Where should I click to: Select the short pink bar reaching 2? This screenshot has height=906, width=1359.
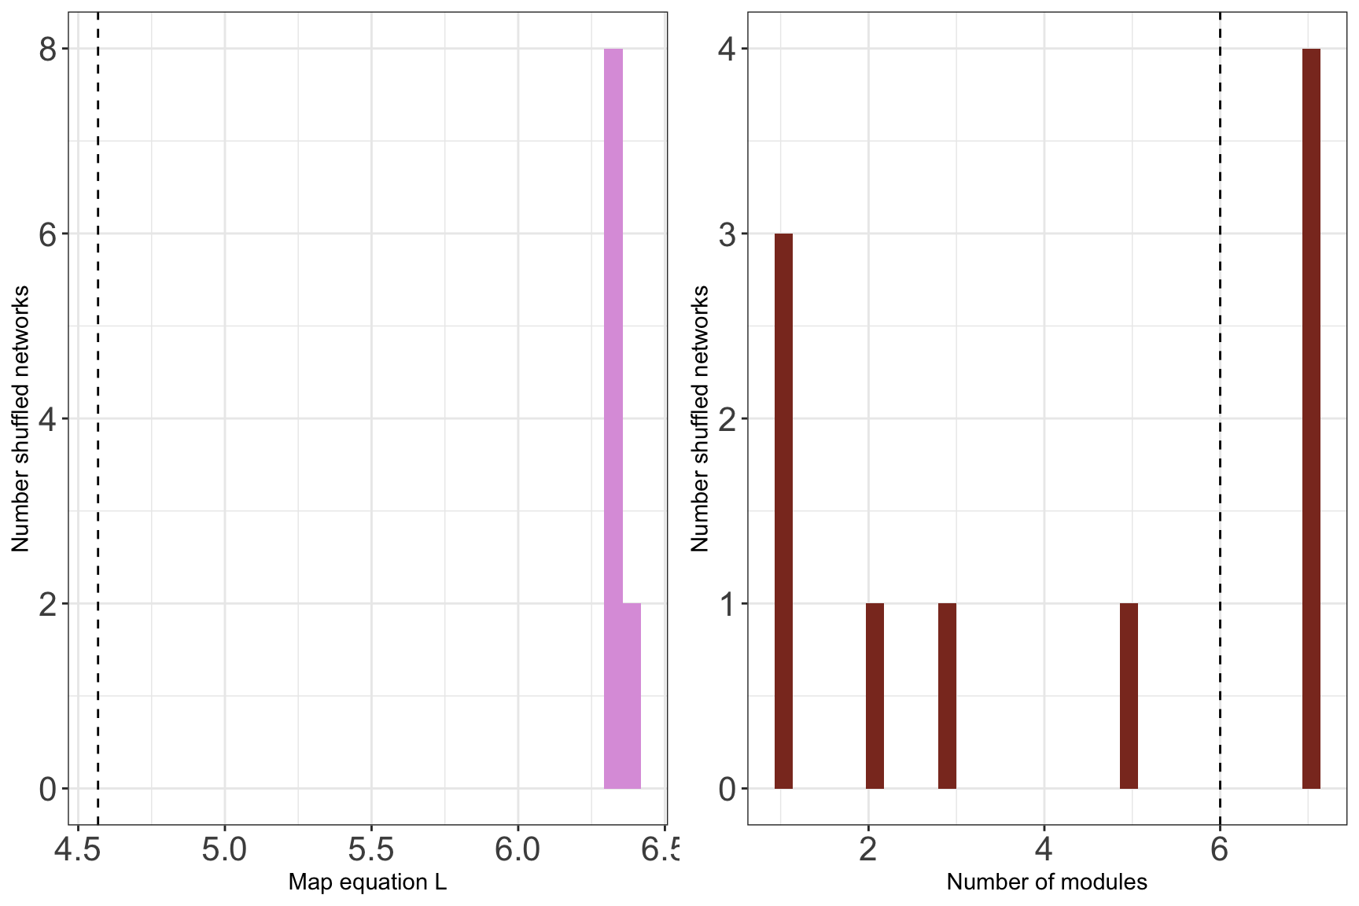click(x=632, y=695)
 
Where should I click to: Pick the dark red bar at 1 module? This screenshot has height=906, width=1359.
click(x=783, y=511)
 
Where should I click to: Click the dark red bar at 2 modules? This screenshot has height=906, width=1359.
click(x=875, y=695)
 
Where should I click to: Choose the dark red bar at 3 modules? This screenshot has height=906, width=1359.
click(x=947, y=695)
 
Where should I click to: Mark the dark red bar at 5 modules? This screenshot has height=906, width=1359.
click(x=1129, y=695)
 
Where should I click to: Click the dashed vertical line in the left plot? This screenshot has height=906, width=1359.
click(x=98, y=393)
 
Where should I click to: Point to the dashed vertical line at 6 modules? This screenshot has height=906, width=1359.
click(x=1220, y=393)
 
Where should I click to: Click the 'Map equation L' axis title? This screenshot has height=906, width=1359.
click(x=367, y=882)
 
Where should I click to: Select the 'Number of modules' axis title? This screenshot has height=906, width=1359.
click(x=1047, y=882)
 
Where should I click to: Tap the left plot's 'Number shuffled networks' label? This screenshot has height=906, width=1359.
click(x=20, y=418)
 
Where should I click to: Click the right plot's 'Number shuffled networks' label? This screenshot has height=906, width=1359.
click(x=700, y=418)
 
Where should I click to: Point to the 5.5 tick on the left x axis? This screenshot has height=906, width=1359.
click(x=371, y=849)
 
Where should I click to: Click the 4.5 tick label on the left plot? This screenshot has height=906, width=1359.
click(x=77, y=849)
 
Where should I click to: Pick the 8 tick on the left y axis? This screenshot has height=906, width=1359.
click(x=48, y=50)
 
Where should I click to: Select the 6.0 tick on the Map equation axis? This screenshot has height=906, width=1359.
click(x=517, y=849)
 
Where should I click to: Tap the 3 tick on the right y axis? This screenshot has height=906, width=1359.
click(x=727, y=234)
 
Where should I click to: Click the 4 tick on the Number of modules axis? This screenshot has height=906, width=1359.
click(x=1044, y=849)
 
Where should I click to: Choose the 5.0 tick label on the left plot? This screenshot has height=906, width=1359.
click(x=225, y=849)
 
